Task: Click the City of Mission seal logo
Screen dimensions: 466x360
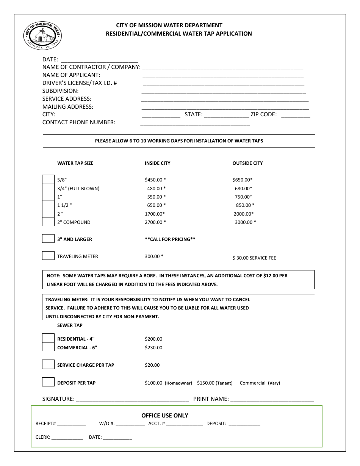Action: (x=42, y=36)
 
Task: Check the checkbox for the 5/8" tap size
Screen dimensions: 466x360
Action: (x=48, y=179)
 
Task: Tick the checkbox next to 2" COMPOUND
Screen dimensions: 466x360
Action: (x=48, y=222)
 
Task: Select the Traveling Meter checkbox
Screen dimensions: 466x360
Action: (x=48, y=256)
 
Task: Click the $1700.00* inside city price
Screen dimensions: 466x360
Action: (x=155, y=214)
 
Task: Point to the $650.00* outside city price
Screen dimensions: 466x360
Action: (x=243, y=180)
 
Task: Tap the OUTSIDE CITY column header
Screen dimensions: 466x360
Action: (x=247, y=163)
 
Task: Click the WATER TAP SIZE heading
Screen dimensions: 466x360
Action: (x=75, y=163)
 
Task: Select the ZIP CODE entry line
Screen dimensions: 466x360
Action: (x=296, y=115)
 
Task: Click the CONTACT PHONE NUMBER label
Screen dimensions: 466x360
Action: (x=79, y=122)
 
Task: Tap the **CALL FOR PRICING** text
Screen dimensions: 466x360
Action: (x=170, y=239)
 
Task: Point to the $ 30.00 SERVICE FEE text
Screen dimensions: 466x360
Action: (x=254, y=258)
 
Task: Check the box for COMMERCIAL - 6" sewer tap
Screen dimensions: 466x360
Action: (x=48, y=347)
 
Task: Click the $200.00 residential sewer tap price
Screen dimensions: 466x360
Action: (x=153, y=339)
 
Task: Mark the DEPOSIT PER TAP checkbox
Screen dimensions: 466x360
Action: (x=48, y=382)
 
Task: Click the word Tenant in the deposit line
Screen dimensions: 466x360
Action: (x=224, y=383)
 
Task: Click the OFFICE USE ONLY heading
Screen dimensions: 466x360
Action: (x=165, y=416)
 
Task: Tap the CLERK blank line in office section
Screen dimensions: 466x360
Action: (x=67, y=438)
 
